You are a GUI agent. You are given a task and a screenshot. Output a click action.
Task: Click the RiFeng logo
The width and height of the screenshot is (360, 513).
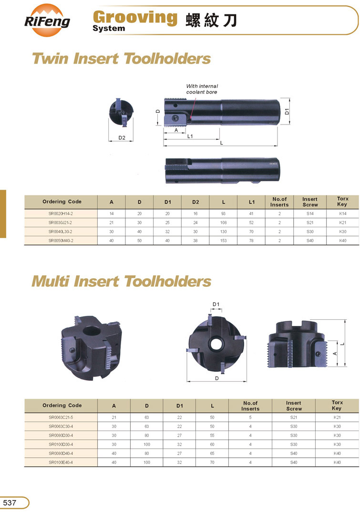(47, 21)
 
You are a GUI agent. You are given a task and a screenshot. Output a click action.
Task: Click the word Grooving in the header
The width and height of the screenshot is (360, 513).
(135, 17)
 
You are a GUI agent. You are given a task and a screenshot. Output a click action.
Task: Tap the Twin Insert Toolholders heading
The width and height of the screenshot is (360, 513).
(121, 59)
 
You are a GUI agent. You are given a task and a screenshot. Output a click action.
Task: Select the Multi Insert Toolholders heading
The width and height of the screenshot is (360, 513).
(121, 281)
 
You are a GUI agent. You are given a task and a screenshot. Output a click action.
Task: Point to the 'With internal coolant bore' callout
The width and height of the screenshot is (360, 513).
(202, 89)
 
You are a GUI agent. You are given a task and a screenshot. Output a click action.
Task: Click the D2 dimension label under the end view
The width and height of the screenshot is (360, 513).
(122, 138)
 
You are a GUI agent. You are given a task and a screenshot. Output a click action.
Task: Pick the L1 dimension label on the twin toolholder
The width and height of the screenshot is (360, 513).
(190, 136)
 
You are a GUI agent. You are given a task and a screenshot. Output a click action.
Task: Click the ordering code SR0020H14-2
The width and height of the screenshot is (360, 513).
(61, 214)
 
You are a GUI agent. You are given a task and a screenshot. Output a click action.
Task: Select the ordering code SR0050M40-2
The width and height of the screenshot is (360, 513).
(61, 241)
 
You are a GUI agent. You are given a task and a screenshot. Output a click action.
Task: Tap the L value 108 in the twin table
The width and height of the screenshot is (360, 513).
(223, 222)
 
